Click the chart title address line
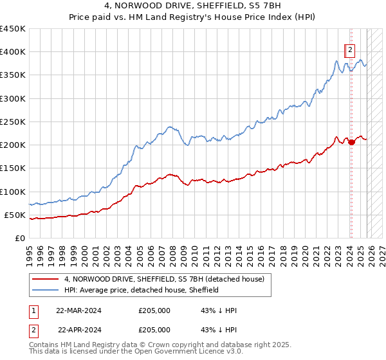tap(193, 6)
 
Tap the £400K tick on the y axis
tap(12, 52)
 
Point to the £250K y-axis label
tap(12, 122)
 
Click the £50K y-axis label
tap(15, 215)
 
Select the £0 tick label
tap(20, 238)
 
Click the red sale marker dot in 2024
tap(351, 143)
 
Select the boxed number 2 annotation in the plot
tap(350, 50)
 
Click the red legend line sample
tap(45, 280)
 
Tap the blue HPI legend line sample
tap(45, 290)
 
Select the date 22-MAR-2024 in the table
tap(78, 310)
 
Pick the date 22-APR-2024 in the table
tap(78, 329)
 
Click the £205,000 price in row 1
tap(154, 310)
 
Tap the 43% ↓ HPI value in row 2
tap(219, 329)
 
